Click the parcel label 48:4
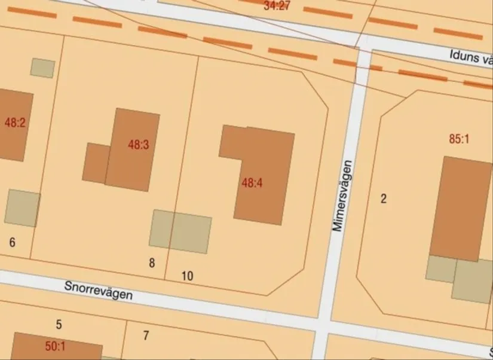[252, 183]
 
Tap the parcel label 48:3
[138, 144]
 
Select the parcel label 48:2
[15, 123]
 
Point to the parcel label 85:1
[459, 139]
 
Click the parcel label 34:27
[277, 6]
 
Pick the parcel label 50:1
[55, 346]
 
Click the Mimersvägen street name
[340, 196]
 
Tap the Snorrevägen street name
[99, 291]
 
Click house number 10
[187, 276]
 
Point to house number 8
[152, 263]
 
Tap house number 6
[12, 242]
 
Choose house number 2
[384, 199]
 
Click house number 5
[59, 325]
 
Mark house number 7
[146, 335]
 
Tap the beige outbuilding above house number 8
[180, 231]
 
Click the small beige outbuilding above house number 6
[23, 208]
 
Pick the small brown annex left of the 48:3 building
[94, 162]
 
